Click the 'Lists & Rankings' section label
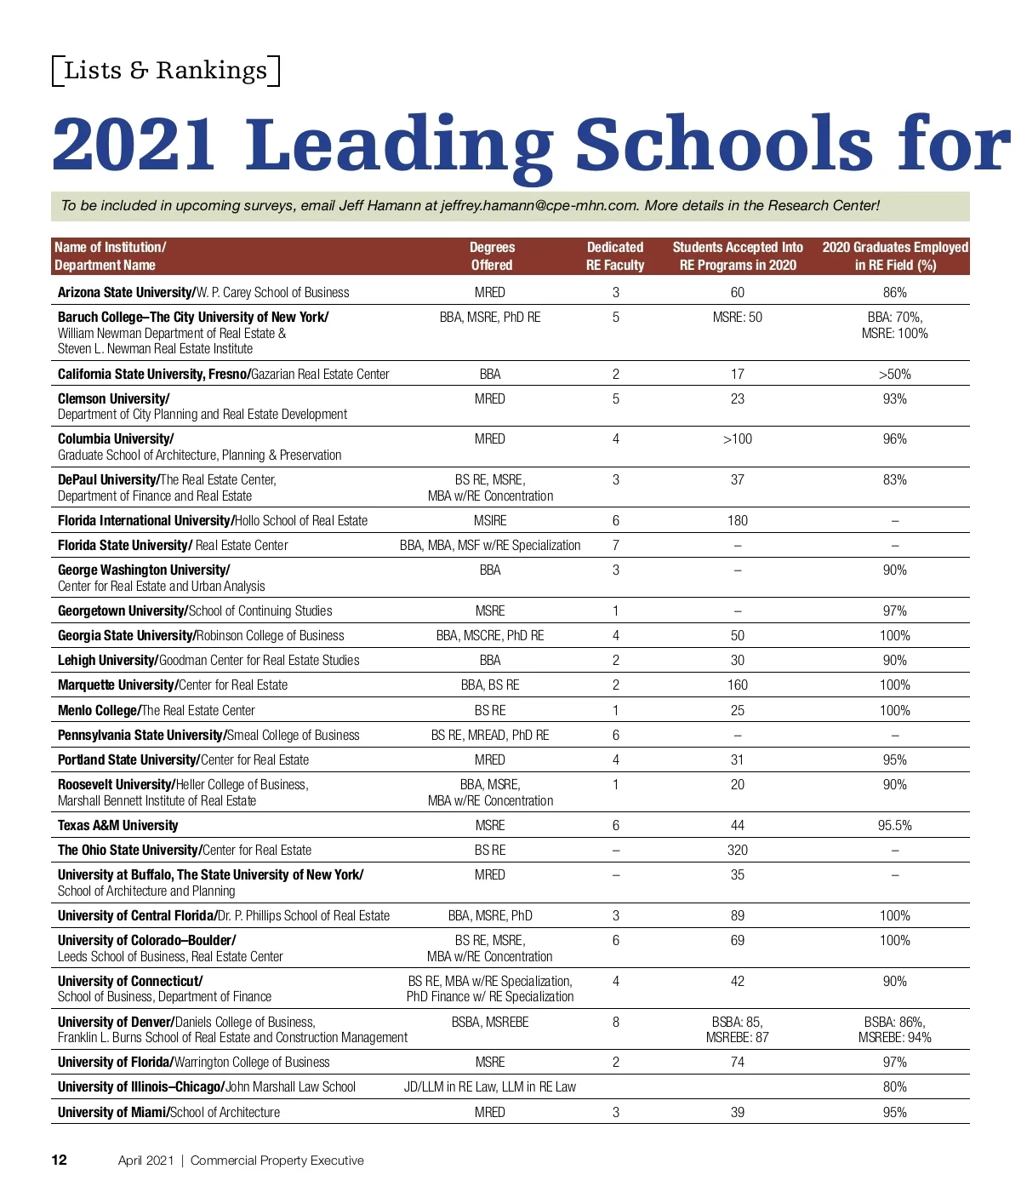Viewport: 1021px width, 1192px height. pos(166,70)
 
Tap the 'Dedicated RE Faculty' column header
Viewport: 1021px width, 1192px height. pos(615,256)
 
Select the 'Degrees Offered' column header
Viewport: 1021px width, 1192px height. pos(492,256)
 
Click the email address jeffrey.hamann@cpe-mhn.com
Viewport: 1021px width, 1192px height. pos(539,205)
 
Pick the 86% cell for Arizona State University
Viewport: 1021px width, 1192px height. pos(894,292)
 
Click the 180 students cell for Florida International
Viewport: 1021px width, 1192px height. pos(737,520)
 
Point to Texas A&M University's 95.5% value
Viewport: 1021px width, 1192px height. pos(894,825)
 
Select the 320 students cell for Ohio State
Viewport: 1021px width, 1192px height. pos(737,850)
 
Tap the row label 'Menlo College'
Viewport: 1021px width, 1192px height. pos(98,710)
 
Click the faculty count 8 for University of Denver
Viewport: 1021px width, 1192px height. pos(615,1022)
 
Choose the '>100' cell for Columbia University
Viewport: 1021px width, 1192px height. pos(737,438)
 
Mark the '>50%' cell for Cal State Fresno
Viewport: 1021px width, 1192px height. pos(894,374)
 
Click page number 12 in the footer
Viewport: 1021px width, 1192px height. pos(59,1160)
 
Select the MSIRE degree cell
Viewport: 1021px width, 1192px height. pos(490,520)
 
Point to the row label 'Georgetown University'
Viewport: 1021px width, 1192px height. pos(121,610)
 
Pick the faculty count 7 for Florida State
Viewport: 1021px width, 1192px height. pos(615,545)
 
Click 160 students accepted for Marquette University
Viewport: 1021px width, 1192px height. pos(737,685)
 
